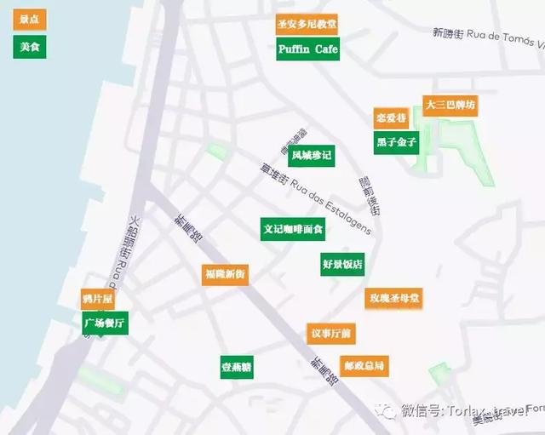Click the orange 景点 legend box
click(29, 19)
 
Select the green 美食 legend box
click(29, 46)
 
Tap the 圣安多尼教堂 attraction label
click(307, 25)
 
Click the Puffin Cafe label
click(307, 49)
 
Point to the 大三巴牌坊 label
click(450, 106)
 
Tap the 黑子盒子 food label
click(396, 142)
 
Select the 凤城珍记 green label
click(311, 156)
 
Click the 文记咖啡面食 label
click(292, 229)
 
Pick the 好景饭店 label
click(342, 264)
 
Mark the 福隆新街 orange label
click(225, 274)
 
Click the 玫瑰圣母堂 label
click(393, 299)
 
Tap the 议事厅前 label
click(330, 333)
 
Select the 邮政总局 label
click(363, 366)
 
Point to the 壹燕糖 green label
click(237, 367)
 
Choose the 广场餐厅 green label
click(105, 323)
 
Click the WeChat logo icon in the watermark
click(387, 411)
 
